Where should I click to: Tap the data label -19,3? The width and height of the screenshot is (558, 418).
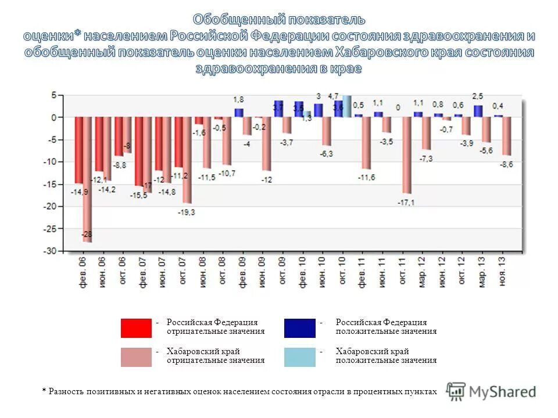(x=187, y=212)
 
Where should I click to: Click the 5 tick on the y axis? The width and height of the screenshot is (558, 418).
(x=54, y=95)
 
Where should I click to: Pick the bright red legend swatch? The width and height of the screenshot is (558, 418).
(x=136, y=328)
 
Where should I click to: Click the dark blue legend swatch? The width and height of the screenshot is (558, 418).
(x=299, y=328)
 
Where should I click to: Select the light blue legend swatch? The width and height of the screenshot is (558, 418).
(x=299, y=357)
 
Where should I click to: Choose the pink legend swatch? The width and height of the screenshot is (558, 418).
(x=136, y=357)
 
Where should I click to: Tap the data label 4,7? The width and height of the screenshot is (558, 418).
(x=333, y=95)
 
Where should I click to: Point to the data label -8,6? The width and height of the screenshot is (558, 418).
(x=506, y=165)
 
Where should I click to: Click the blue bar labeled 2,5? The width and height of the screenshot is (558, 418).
(x=478, y=111)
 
